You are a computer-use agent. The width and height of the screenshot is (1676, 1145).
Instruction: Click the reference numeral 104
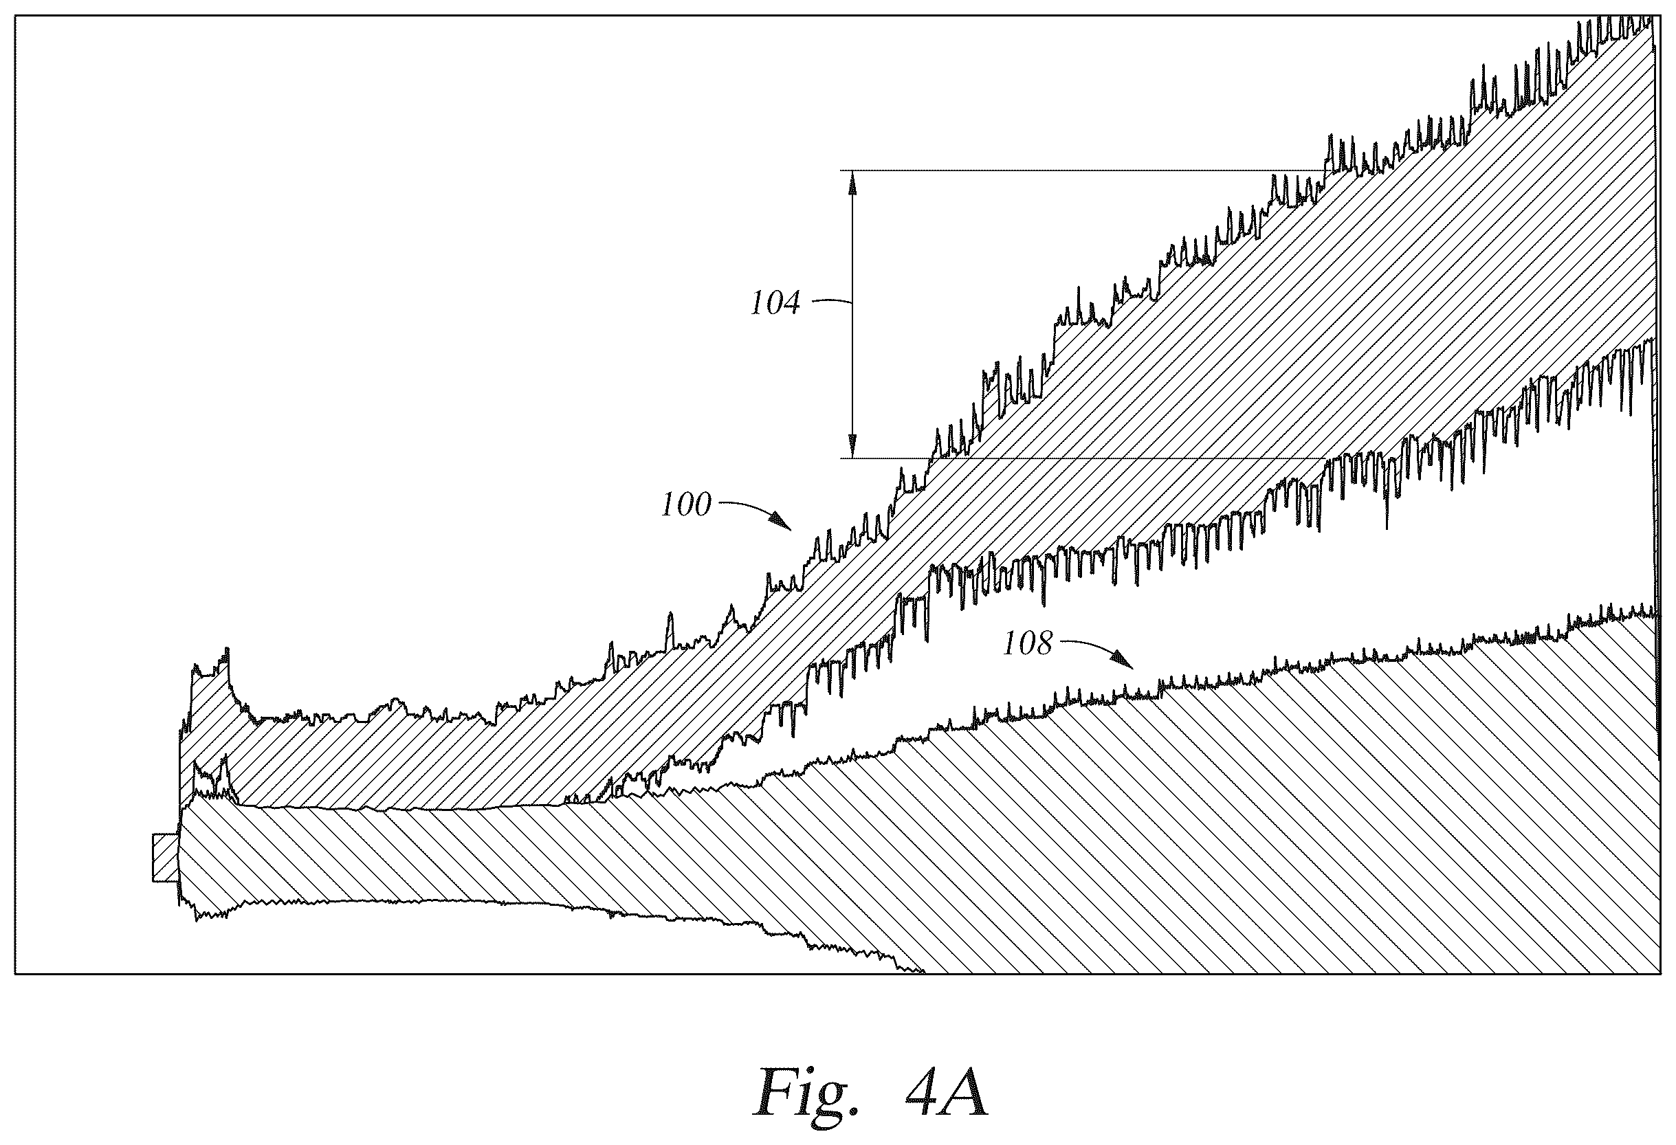[775, 304]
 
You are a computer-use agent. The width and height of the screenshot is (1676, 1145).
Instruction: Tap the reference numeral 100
[687, 505]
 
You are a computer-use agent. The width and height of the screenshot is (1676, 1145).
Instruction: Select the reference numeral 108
[1028, 643]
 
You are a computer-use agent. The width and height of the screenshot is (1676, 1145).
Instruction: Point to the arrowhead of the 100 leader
[783, 522]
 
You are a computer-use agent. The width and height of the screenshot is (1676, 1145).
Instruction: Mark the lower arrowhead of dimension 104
[852, 445]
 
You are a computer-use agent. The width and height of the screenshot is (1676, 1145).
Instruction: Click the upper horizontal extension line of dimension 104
[1082, 171]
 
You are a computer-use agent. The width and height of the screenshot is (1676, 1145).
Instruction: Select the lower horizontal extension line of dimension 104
[1082, 458]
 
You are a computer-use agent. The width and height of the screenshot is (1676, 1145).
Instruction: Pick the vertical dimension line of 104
[852, 314]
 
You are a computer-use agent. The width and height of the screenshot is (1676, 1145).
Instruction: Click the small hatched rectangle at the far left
[165, 857]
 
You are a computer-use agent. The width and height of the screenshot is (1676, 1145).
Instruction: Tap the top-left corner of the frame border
[15, 16]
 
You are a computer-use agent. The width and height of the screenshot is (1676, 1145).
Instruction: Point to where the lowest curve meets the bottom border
[923, 972]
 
